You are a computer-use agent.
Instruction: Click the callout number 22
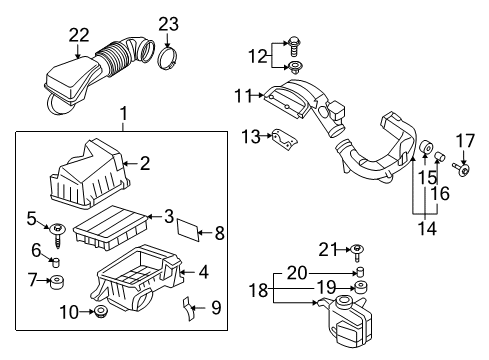pos(79,35)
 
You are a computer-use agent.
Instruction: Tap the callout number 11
pos(243,96)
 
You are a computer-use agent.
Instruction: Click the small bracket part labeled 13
pos(285,139)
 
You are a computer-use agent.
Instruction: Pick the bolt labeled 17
pos(462,168)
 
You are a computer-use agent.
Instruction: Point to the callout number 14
pos(427,229)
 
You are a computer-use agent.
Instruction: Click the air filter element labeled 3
pos(111,227)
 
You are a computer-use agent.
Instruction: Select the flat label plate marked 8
pos(189,230)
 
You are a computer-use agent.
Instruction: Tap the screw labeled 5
pos(58,235)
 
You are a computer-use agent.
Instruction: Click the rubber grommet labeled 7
pos(56,283)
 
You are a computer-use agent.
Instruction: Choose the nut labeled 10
pos(100,311)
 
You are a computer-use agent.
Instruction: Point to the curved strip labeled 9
pos(189,308)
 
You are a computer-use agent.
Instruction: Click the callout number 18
pos(258,290)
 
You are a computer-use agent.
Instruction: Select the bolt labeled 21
pos(357,252)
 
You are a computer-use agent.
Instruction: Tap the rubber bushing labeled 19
pos(360,287)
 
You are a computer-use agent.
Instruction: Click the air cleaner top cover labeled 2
pos(89,175)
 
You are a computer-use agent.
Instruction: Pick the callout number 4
pos(203,272)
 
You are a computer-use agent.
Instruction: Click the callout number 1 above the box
pos(124,114)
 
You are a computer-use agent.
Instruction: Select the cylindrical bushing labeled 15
pos(425,149)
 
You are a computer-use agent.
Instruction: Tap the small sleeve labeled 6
pos(56,262)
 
